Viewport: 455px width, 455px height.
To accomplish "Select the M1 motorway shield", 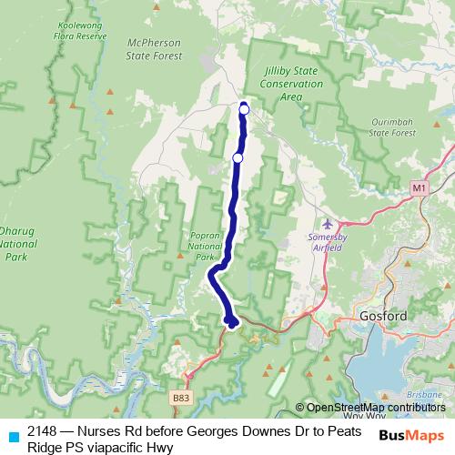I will (418, 187).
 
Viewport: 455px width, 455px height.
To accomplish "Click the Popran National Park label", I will (199, 245).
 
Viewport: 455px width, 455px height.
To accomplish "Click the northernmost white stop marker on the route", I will (244, 110).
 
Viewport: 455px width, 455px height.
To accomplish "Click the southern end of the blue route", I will (233, 321).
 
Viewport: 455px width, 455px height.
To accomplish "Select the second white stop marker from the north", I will (238, 158).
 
